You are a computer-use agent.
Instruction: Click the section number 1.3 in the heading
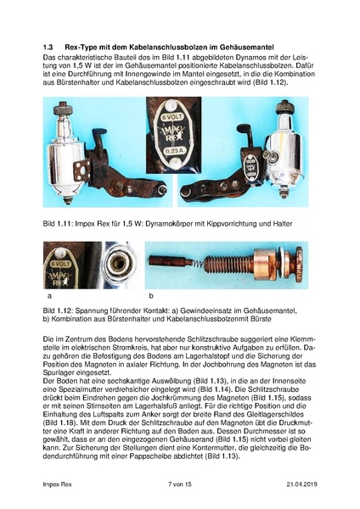[49, 46]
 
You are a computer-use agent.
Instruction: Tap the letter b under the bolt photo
[151, 296]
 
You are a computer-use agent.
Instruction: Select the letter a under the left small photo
[50, 296]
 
